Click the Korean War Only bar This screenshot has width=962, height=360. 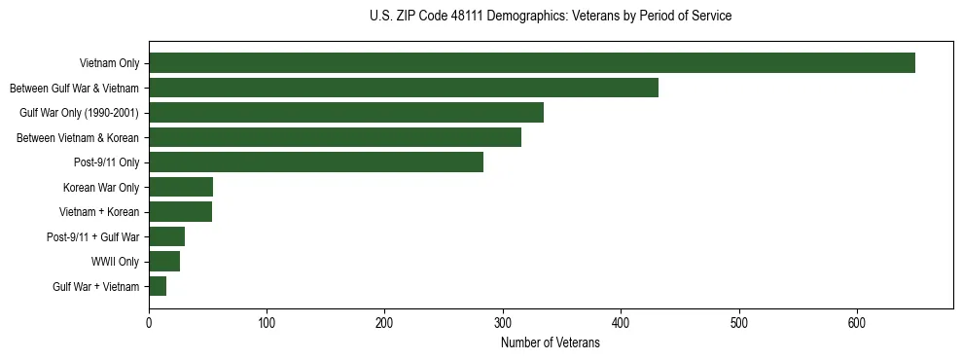click(x=181, y=187)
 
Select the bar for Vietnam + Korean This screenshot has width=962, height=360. click(x=180, y=212)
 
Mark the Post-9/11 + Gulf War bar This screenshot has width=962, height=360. click(x=166, y=236)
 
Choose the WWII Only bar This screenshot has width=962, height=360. click(x=164, y=262)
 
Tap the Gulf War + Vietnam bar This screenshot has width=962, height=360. click(x=158, y=286)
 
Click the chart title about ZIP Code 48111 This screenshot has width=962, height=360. click(x=551, y=17)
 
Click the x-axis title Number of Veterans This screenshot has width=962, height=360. click(x=551, y=343)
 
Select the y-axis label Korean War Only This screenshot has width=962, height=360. click(x=101, y=187)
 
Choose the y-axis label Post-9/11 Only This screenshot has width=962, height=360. click(x=106, y=162)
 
